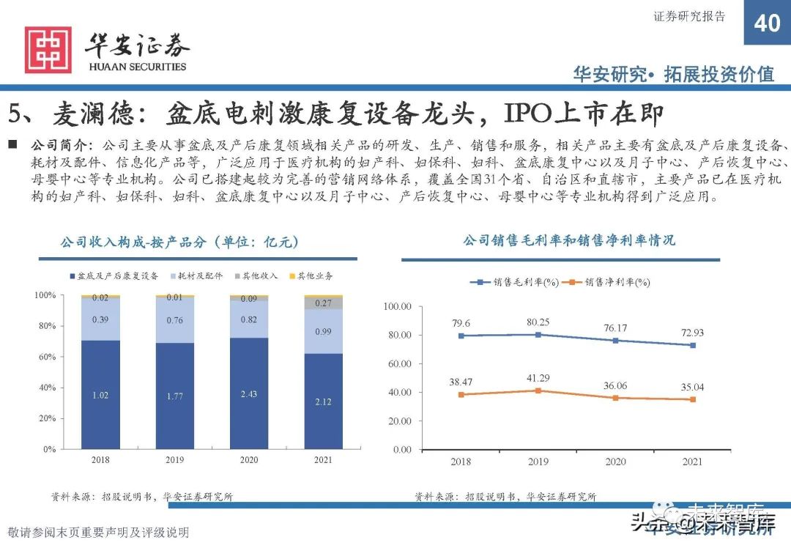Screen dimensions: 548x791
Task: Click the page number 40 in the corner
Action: tap(767, 23)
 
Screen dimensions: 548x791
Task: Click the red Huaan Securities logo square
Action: tap(48, 50)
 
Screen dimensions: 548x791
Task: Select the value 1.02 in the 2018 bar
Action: tap(100, 396)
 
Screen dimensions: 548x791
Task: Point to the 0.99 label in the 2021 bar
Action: tap(323, 332)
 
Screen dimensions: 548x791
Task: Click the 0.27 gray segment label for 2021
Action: tap(323, 303)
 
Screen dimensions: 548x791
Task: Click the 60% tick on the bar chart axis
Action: tap(46, 357)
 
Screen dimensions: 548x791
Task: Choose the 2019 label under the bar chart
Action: tap(174, 460)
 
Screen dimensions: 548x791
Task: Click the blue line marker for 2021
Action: tap(692, 345)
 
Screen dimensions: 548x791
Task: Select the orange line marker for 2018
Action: tap(461, 394)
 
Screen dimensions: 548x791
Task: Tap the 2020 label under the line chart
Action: tap(615, 462)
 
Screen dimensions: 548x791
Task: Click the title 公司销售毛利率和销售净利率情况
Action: tap(568, 240)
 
